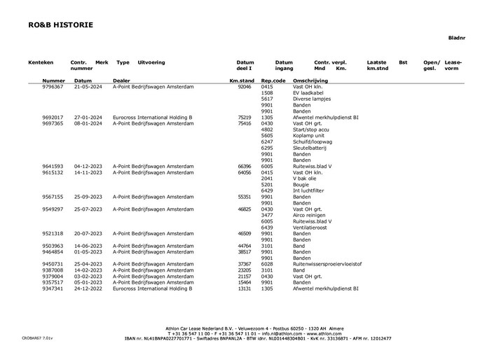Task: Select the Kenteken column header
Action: (x=41, y=62)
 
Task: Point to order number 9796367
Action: (x=53, y=87)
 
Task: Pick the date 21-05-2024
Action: (x=88, y=87)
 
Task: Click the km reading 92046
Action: (x=245, y=87)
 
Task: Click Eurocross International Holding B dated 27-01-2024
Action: (x=153, y=118)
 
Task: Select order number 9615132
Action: (x=53, y=172)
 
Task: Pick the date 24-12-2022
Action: (x=88, y=289)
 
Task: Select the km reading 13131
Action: (x=245, y=289)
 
